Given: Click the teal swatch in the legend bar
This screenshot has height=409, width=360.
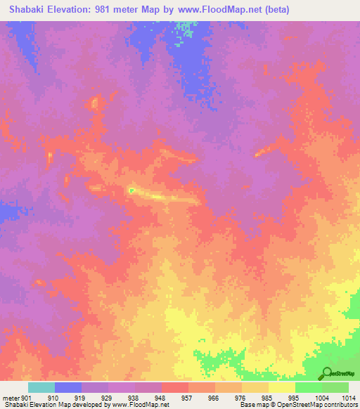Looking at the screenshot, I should click(41, 387).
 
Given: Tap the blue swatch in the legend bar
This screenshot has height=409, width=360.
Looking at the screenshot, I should click(67, 387).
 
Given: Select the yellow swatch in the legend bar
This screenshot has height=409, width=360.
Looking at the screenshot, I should click(281, 387).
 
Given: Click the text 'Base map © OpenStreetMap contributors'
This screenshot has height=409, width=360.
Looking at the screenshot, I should click(297, 405).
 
